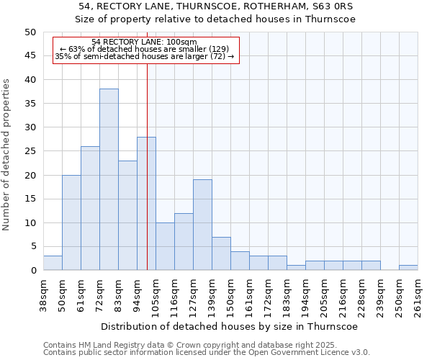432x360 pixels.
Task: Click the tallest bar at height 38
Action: pyautogui.click(x=109, y=179)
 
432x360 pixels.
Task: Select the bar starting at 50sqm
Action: pyautogui.click(x=71, y=222)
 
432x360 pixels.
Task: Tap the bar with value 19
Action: pyautogui.click(x=202, y=225)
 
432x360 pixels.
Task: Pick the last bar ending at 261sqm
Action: pyautogui.click(x=408, y=268)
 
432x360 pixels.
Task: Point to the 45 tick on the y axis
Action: pyautogui.click(x=30, y=55)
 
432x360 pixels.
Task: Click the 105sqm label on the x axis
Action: pyautogui.click(x=156, y=295)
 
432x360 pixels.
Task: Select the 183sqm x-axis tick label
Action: pyautogui.click(x=287, y=295)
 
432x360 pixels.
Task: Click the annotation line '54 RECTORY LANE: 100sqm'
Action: pyautogui.click(x=145, y=42)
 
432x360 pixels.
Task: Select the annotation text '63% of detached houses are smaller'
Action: pyautogui.click(x=145, y=49)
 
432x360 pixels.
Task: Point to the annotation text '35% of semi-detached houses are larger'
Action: pyautogui.click(x=145, y=56)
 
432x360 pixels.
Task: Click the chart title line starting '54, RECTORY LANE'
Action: pyautogui.click(x=217, y=6)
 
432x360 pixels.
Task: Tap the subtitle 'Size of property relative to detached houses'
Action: pyautogui.click(x=217, y=19)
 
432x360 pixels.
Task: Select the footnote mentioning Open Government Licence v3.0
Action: pyautogui.click(x=207, y=353)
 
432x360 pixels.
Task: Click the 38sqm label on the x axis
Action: pyautogui.click(x=44, y=295)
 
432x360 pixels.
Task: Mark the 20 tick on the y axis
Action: pyautogui.click(x=30, y=175)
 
